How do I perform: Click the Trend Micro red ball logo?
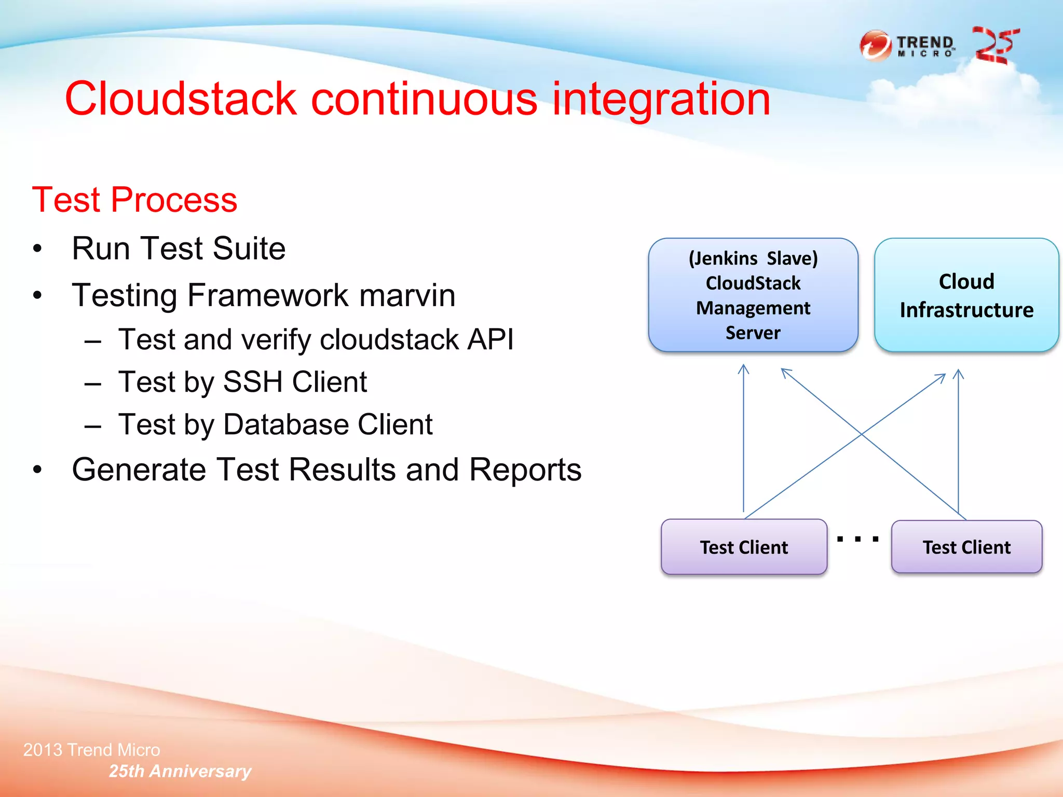pos(876,46)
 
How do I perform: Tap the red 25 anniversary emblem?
pos(995,46)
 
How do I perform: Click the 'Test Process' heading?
pos(134,200)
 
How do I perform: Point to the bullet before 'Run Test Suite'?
pos(37,249)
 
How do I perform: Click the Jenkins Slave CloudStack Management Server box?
pos(753,295)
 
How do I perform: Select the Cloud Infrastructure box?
pos(966,295)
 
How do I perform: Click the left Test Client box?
pos(743,547)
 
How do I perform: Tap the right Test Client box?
pos(966,547)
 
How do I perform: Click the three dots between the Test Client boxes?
pos(857,539)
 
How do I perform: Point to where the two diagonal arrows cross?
pos(862,434)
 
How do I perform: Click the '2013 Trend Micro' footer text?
pos(92,750)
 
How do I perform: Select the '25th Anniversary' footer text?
pos(180,771)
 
